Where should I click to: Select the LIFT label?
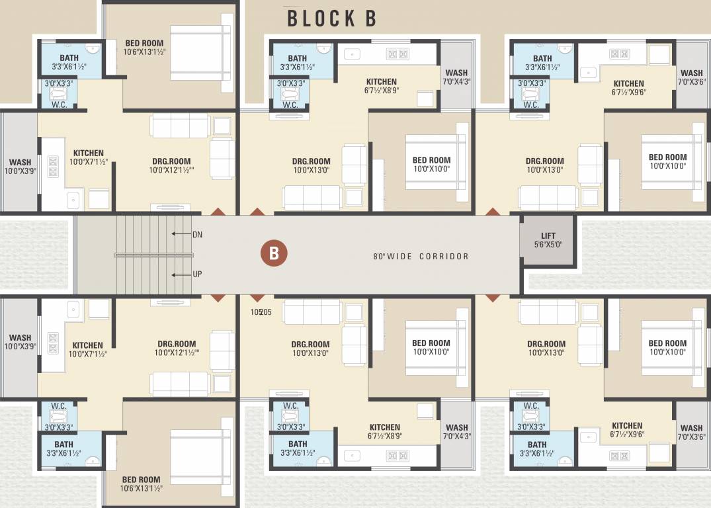click(x=548, y=235)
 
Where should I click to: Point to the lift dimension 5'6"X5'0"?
click(x=548, y=245)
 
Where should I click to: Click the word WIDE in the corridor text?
click(x=399, y=257)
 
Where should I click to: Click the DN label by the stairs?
click(x=197, y=234)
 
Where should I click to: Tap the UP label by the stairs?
click(x=197, y=275)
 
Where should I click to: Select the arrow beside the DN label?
click(x=179, y=234)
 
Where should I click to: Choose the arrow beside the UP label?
click(x=179, y=275)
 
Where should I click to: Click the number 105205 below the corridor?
click(x=261, y=312)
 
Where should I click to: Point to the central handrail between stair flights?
click(x=153, y=255)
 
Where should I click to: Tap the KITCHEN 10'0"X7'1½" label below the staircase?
click(x=87, y=349)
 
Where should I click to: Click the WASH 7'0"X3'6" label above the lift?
click(x=692, y=78)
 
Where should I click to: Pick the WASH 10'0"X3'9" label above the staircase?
click(x=20, y=167)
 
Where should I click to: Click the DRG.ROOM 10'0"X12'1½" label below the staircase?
click(x=177, y=349)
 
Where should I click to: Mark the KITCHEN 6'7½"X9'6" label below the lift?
click(x=627, y=430)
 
